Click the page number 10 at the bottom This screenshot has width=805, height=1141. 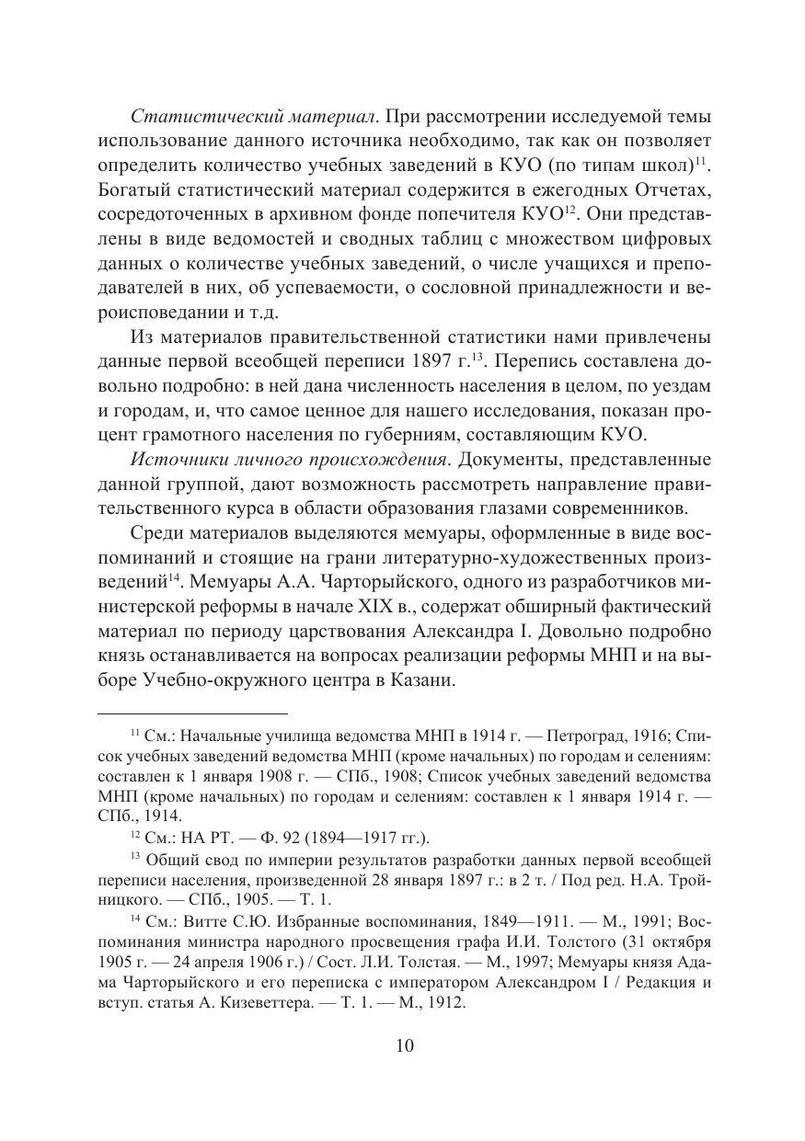click(404, 1045)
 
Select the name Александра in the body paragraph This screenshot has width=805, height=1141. click(521, 632)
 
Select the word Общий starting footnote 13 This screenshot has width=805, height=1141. click(178, 861)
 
